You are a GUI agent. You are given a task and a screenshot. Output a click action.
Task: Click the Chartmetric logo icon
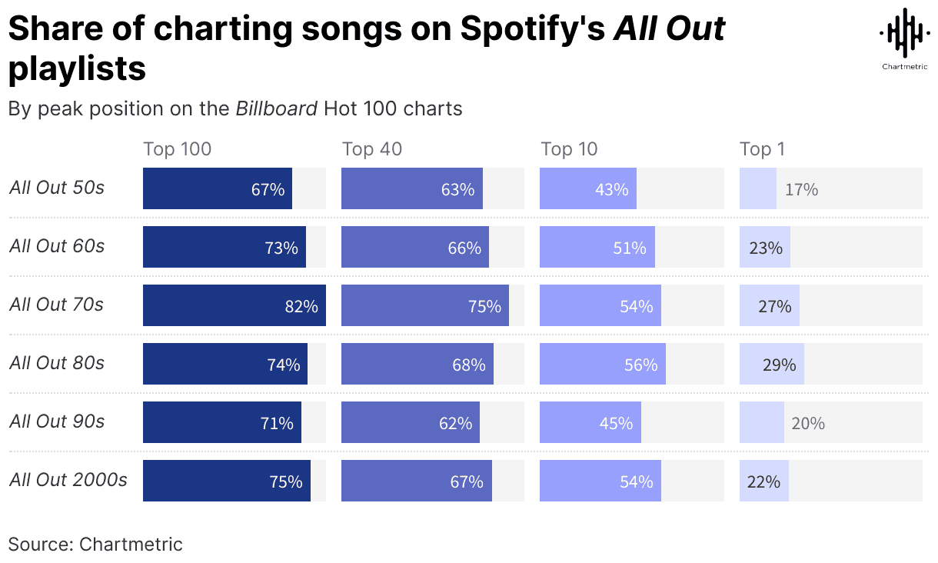[903, 33]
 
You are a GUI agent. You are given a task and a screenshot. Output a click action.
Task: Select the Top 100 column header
[177, 149]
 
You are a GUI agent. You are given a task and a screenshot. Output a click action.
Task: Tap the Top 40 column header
[371, 149]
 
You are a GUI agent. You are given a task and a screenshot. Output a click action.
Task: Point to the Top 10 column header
[569, 149]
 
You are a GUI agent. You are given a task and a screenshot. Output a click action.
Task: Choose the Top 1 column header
[762, 149]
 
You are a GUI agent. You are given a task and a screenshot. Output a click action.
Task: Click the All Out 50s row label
[57, 188]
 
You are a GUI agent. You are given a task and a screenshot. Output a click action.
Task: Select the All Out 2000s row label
[68, 480]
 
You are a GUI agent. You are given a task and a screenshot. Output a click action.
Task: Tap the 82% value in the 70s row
[301, 306]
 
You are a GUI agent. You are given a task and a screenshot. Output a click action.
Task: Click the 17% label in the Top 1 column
[801, 189]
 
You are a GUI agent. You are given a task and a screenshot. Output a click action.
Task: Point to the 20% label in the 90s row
[808, 423]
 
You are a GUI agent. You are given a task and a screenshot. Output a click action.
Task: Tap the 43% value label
[611, 189]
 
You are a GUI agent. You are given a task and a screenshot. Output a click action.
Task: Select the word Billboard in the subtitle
[276, 108]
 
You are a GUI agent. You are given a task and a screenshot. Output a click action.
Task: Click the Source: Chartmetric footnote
[95, 545]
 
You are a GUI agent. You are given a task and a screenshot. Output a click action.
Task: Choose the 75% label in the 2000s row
[285, 481]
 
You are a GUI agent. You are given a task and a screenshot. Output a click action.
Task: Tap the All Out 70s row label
[56, 305]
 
